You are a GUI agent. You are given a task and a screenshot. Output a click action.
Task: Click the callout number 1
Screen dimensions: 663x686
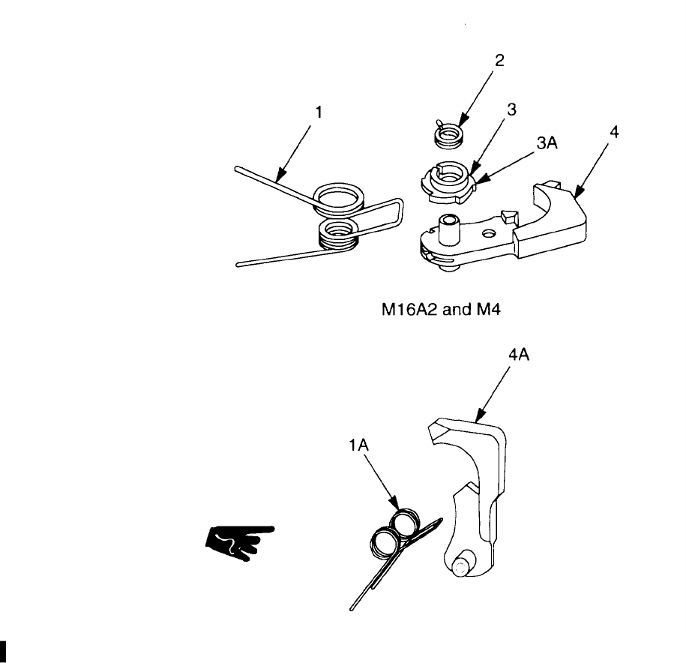[x=319, y=112]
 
